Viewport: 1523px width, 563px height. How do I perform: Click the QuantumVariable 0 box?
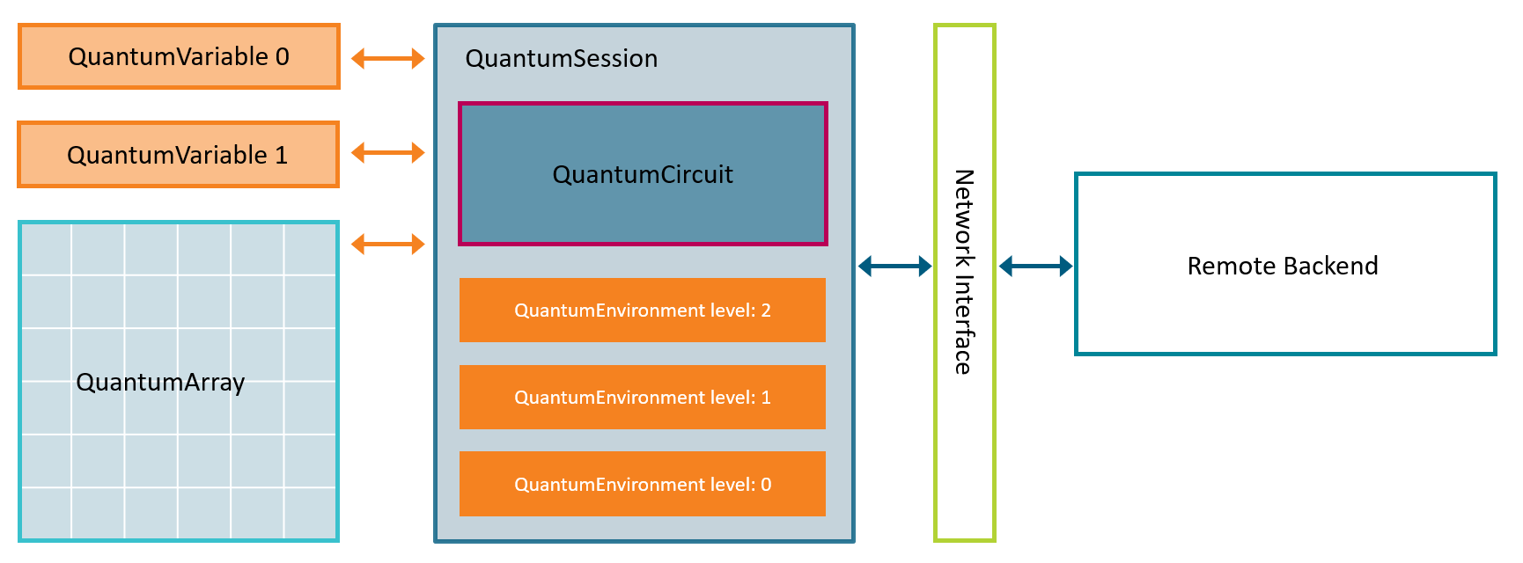(x=179, y=56)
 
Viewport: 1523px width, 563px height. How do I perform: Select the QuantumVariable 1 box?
(x=178, y=155)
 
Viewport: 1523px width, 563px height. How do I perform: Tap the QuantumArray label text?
(x=160, y=383)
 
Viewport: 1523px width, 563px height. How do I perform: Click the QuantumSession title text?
(x=562, y=59)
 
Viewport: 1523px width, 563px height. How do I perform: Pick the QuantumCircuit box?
(x=643, y=174)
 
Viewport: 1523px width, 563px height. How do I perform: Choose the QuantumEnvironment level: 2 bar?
(x=643, y=311)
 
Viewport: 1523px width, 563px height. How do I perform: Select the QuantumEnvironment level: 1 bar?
(x=643, y=398)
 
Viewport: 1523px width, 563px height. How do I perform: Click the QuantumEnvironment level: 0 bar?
(x=643, y=485)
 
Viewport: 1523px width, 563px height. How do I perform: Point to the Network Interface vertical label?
(x=965, y=273)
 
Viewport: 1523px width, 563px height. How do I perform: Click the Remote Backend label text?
(x=1283, y=266)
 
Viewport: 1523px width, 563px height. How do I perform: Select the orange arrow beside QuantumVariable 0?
(x=388, y=59)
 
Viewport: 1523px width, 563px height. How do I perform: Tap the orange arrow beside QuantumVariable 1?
(x=388, y=153)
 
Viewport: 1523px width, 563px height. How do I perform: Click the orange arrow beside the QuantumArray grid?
(x=388, y=244)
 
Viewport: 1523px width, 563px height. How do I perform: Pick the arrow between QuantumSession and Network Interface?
(x=894, y=266)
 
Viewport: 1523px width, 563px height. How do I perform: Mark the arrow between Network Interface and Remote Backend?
(x=1035, y=266)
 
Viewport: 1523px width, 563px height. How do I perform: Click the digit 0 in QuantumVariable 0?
(x=282, y=57)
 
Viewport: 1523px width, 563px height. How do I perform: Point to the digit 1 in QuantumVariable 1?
(x=281, y=156)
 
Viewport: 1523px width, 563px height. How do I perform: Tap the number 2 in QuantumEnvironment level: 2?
(x=766, y=311)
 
